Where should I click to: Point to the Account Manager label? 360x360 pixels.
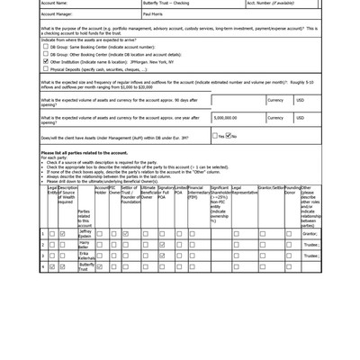click(x=56, y=15)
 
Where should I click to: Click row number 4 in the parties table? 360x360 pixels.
click(x=42, y=266)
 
